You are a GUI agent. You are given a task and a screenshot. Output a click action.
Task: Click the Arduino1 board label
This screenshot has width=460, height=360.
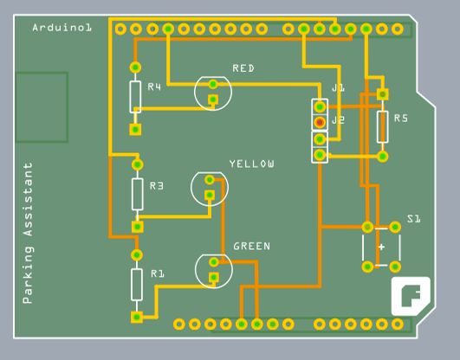(62, 28)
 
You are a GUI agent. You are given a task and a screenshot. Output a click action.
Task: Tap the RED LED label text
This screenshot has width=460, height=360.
(243, 68)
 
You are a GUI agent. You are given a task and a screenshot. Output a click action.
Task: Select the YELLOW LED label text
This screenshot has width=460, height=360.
(251, 164)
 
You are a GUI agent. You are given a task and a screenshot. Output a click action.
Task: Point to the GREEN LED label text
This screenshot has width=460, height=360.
(251, 247)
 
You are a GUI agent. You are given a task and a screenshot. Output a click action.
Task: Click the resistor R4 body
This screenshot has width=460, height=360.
(135, 97)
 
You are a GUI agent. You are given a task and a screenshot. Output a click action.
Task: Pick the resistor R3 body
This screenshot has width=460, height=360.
(137, 194)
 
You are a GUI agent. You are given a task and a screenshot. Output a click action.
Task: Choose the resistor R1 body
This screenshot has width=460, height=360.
(137, 284)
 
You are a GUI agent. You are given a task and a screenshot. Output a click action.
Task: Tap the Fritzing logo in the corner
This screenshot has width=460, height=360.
(411, 296)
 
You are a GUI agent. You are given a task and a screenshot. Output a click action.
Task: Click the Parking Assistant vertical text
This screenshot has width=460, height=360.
(28, 233)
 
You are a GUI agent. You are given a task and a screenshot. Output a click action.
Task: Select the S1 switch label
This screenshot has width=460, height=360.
(413, 219)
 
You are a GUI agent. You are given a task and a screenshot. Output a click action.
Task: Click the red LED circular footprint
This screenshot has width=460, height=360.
(213, 93)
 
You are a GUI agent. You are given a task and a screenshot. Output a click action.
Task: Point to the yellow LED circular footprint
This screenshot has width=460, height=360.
(211, 187)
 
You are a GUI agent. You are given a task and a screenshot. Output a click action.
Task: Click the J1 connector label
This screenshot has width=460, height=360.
(338, 88)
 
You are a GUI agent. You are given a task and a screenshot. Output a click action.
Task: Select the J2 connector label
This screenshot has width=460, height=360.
(338, 120)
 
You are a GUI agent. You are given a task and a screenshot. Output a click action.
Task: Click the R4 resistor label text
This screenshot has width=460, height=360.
(154, 87)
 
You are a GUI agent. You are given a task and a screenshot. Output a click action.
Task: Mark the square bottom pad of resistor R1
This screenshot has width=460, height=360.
(137, 318)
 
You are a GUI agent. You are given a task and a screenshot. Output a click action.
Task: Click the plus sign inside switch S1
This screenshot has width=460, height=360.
(381, 247)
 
